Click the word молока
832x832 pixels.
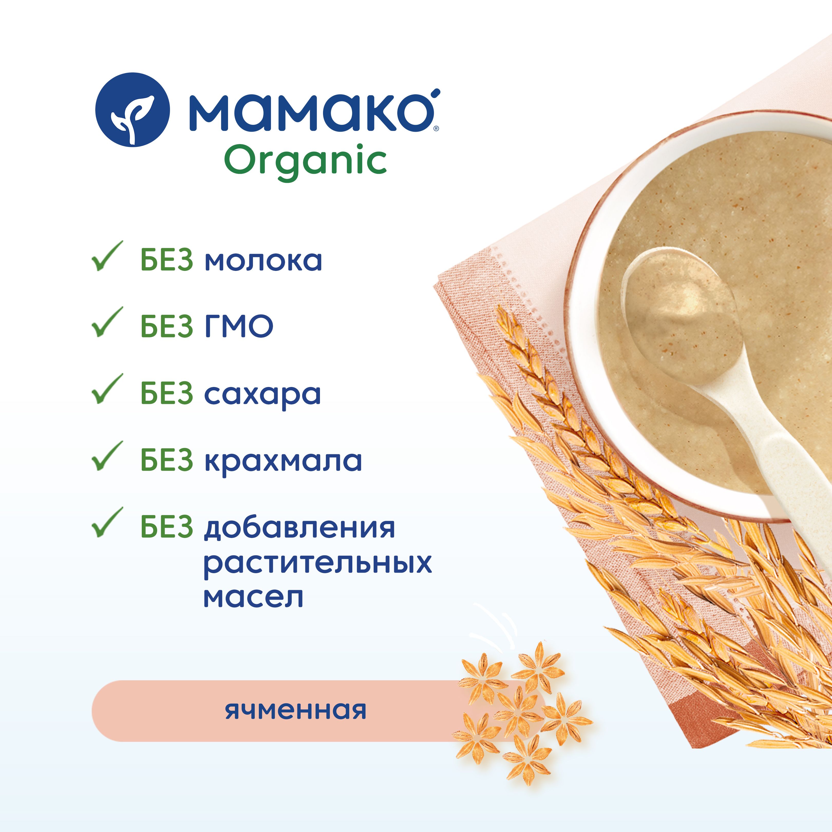click(263, 261)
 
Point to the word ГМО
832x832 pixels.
click(239, 326)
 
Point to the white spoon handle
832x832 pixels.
click(775, 474)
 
